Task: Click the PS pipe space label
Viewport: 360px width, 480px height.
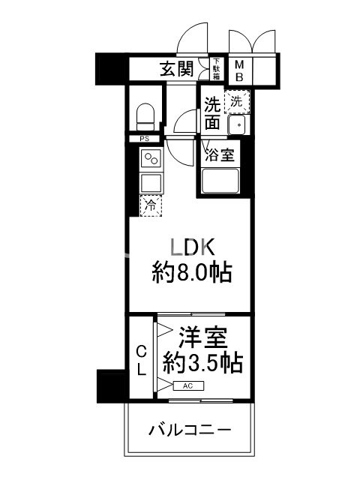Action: (x=142, y=139)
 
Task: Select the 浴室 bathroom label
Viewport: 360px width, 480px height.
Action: (x=220, y=155)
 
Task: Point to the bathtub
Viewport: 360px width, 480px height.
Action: (x=219, y=181)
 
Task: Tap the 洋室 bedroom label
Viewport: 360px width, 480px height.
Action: (x=202, y=336)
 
